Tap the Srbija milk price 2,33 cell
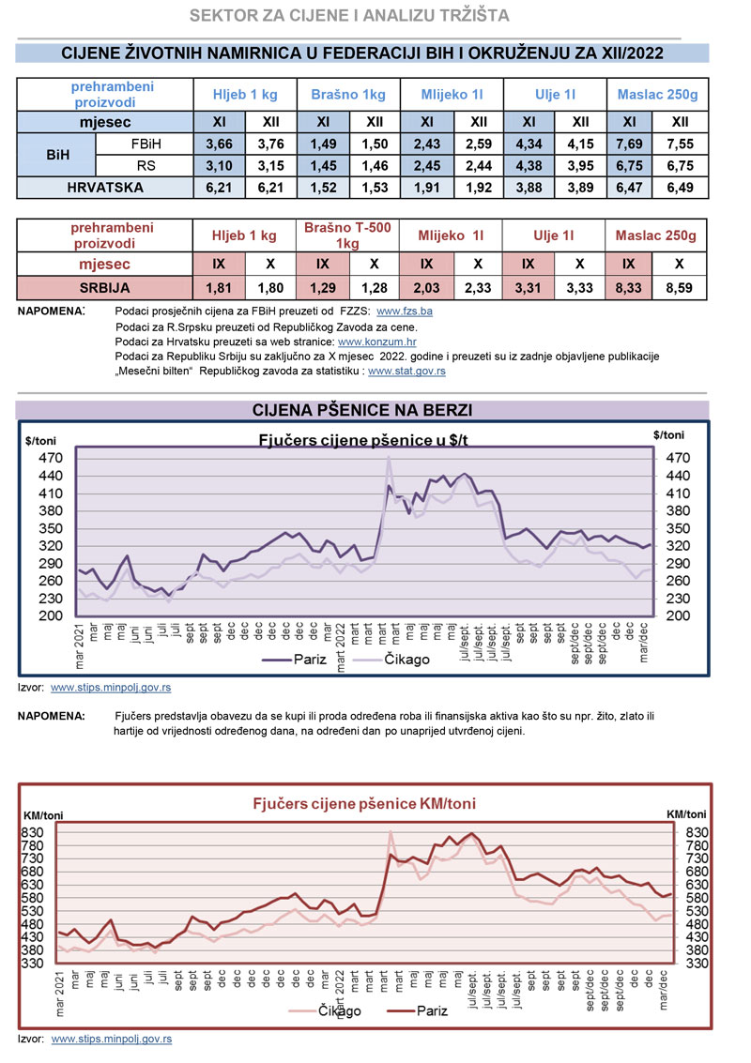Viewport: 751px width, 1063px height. click(478, 287)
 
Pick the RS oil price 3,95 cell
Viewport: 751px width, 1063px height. click(580, 166)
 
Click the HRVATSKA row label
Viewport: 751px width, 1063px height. click(104, 188)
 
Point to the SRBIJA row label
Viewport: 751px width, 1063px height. click(104, 287)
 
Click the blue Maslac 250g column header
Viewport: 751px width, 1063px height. click(657, 95)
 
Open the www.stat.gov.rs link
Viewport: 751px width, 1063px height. click(406, 372)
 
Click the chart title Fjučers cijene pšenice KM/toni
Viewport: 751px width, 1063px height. click(363, 804)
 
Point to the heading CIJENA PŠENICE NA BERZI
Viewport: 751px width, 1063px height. click(362, 410)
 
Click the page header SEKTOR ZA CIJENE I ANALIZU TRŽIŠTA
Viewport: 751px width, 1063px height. click(349, 16)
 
